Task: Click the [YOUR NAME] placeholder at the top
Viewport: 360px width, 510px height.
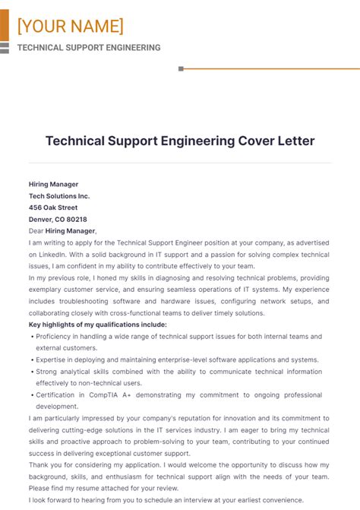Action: click(70, 27)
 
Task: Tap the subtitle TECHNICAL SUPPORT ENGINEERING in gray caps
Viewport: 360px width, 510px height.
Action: click(89, 47)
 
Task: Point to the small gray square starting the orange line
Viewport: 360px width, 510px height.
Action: click(181, 68)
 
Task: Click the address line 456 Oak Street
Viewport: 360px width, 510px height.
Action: click(53, 207)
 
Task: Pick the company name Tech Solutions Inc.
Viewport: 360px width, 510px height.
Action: click(59, 195)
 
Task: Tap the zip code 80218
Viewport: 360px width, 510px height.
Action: click(77, 219)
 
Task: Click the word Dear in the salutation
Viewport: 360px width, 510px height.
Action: click(36, 230)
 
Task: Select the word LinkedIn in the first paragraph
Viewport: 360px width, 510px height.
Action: click(51, 254)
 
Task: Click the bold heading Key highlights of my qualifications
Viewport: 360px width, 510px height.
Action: click(97, 325)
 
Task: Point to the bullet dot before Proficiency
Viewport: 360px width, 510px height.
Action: click(31, 336)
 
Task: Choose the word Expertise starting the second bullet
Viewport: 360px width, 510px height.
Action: click(52, 360)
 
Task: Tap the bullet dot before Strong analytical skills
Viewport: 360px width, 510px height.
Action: click(31, 372)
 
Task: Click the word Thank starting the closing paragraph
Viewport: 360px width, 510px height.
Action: click(40, 465)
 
